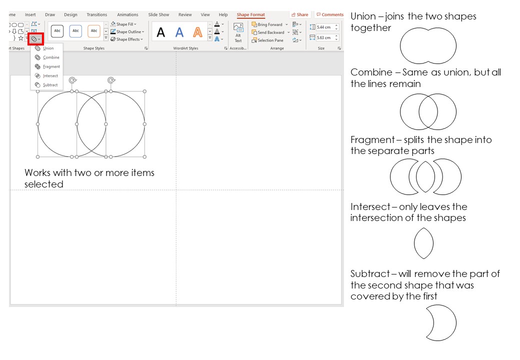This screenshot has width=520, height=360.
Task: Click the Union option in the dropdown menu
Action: click(48, 48)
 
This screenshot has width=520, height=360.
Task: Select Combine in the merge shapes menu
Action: click(50, 57)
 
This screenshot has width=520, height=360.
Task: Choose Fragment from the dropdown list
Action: click(51, 66)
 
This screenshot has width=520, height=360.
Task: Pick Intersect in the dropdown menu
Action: click(50, 76)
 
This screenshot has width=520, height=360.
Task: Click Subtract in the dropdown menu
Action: click(50, 85)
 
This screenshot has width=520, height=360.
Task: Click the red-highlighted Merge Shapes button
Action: click(35, 38)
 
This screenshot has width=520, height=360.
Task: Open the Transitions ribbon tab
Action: click(96, 15)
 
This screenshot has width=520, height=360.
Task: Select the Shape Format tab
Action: click(250, 15)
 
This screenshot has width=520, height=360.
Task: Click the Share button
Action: click(300, 15)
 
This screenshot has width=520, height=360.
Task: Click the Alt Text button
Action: click(238, 32)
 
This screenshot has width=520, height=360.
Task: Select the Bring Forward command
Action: click(269, 24)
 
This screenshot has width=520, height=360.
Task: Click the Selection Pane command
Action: click(270, 40)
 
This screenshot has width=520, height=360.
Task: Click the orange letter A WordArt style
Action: click(198, 33)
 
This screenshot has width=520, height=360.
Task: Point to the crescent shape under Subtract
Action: click(442, 323)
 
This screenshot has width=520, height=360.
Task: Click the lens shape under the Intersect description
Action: click(423, 243)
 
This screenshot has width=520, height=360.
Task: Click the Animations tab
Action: click(127, 15)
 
